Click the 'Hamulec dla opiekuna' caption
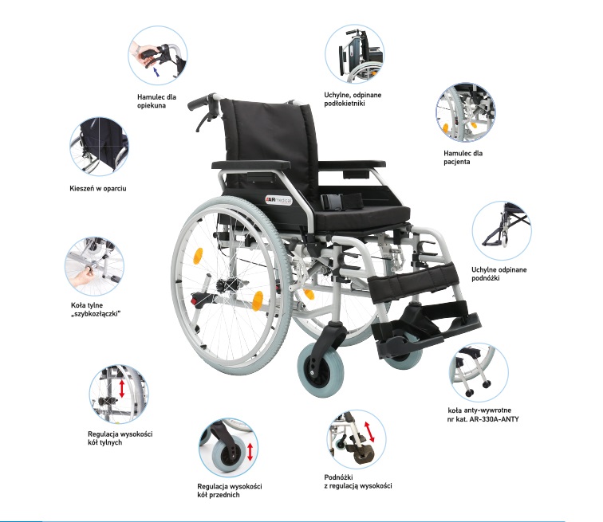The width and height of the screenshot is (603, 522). (x=156, y=101)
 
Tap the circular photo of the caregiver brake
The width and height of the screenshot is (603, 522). (x=158, y=55)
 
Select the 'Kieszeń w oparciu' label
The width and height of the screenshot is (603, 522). (x=97, y=188)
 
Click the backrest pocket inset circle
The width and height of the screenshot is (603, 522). (x=99, y=147)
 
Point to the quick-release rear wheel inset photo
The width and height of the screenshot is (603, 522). (x=95, y=266)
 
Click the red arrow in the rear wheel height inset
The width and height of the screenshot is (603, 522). (x=122, y=389)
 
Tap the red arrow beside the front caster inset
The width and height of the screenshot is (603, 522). (x=250, y=452)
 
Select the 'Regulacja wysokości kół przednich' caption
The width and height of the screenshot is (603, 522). (x=230, y=490)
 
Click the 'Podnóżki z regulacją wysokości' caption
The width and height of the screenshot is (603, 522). (x=357, y=481)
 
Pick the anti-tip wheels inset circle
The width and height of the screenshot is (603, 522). (x=479, y=373)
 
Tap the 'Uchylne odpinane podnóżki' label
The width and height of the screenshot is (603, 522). (x=499, y=274)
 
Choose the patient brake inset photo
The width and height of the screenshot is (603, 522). (x=466, y=112)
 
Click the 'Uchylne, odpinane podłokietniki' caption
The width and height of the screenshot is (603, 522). (x=353, y=99)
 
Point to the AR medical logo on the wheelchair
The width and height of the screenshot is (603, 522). (x=279, y=200)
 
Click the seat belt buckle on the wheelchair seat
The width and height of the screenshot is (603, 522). (x=333, y=200)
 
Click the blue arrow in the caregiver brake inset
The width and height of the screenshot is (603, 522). (x=156, y=72)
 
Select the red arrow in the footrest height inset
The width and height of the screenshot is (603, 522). (x=369, y=431)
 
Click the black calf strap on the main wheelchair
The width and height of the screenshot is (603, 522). (x=413, y=279)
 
